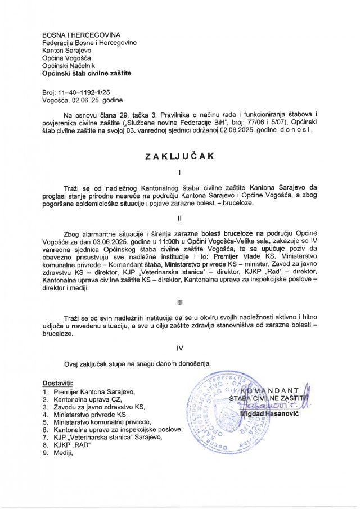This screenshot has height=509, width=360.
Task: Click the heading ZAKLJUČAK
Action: click(x=179, y=157)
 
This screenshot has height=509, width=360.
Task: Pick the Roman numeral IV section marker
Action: click(x=179, y=348)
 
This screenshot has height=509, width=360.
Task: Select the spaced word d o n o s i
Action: click(x=294, y=129)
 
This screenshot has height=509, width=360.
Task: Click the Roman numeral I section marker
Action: click(x=179, y=172)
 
